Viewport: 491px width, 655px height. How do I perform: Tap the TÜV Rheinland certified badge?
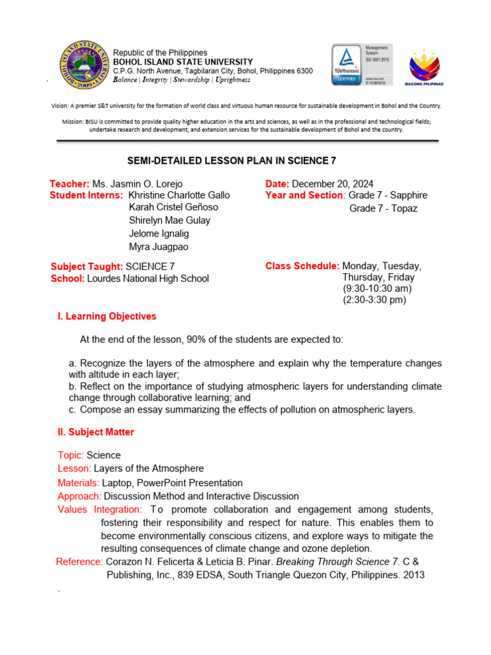[346, 65]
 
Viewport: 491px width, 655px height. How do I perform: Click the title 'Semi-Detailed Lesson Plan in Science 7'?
[245, 161]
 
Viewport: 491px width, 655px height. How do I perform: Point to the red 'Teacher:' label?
[70, 184]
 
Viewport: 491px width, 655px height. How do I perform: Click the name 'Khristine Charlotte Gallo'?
[179, 195]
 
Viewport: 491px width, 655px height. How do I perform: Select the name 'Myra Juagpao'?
[159, 247]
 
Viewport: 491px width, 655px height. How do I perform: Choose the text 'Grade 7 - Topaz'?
[383, 209]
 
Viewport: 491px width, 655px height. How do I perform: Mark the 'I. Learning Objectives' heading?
[107, 316]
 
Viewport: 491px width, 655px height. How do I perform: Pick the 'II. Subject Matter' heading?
[96, 432]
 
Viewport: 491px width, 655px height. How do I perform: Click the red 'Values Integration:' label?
[100, 509]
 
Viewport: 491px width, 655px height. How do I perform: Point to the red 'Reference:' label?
[79, 562]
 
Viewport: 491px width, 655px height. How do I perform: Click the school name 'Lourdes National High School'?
[148, 278]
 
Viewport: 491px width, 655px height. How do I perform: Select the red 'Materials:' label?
[78, 483]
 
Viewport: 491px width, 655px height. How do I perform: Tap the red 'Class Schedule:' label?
[302, 266]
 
